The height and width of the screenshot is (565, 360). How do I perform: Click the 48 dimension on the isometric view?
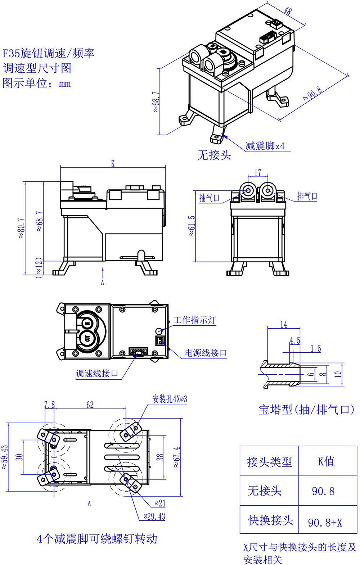[287, 11]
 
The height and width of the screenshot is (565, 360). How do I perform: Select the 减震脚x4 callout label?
[265, 146]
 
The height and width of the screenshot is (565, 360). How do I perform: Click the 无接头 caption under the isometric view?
[214, 155]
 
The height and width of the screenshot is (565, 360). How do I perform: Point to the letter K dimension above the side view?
[113, 164]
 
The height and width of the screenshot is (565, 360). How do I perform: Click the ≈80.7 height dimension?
[21, 228]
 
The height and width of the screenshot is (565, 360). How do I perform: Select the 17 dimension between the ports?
[258, 173]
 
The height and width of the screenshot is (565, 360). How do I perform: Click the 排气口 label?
[307, 196]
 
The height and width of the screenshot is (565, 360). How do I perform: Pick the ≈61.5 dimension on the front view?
[192, 226]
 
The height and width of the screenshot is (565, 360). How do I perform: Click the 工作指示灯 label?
[195, 320]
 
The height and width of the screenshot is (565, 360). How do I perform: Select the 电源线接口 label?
[206, 353]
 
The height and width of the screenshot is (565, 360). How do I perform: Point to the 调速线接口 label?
[97, 374]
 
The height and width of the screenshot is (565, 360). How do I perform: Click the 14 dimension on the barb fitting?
[284, 325]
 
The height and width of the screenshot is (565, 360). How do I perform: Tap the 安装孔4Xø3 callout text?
[170, 399]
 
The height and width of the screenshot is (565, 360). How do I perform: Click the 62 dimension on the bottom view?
[90, 405]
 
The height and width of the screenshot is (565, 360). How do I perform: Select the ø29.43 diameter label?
[154, 516]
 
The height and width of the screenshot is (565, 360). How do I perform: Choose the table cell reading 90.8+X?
[325, 523]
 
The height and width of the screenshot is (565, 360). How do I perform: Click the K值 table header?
[326, 462]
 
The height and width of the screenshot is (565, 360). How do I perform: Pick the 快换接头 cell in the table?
[270, 520]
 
